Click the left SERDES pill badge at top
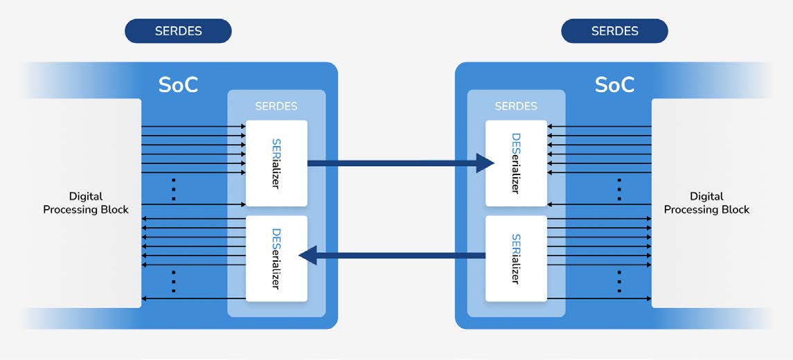178,31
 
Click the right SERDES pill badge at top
614,31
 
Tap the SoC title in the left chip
178,84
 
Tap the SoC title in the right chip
614,84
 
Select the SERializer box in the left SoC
276,163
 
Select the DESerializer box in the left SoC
276,258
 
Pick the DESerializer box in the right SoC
516,163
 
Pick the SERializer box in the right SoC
516,258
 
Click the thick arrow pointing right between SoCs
395,163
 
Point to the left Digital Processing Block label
86,203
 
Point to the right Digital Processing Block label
706,203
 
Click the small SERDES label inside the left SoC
276,106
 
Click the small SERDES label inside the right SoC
516,106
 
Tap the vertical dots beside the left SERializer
174,189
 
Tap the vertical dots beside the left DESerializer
174,281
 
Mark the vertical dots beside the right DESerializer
619,189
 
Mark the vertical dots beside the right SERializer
619,281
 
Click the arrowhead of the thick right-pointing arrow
485,163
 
